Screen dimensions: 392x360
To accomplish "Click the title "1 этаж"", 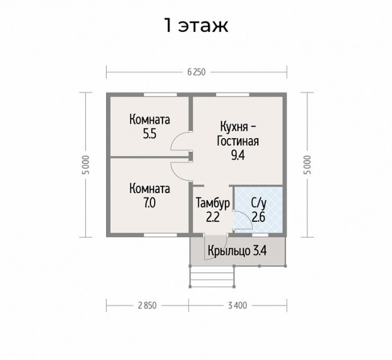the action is point(196,25).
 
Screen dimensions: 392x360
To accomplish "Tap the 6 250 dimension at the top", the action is point(196,72).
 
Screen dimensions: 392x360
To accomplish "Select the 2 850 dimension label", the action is point(147,305).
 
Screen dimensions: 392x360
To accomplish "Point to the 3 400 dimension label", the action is point(237,305).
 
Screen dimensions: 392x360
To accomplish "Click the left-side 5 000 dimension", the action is point(86,164).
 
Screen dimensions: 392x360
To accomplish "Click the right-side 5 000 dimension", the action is point(307,164).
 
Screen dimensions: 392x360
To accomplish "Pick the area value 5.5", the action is point(149,134).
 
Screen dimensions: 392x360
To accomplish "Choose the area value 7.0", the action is point(149,203).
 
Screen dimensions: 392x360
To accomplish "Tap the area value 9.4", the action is point(238,155).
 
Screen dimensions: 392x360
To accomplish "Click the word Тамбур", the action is point(213,203).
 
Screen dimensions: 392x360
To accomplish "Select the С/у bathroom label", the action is point(259,203).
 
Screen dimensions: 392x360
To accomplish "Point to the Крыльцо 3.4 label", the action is point(237,250).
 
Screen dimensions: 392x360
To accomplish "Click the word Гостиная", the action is point(238,141).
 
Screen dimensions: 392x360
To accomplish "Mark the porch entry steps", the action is point(212,277).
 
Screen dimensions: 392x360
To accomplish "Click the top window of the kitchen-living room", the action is point(233,95).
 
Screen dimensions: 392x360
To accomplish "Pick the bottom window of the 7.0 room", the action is point(161,235).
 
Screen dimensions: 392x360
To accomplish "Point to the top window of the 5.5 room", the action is point(161,95).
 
